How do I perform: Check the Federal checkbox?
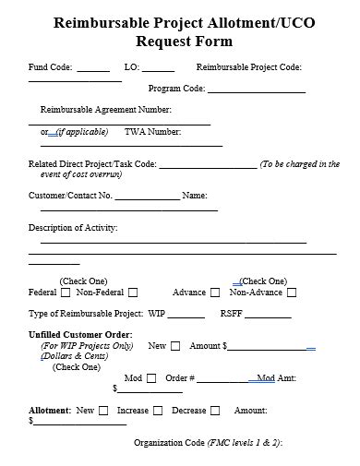[66, 293]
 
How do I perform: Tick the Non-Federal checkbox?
[133, 293]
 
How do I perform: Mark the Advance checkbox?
[215, 293]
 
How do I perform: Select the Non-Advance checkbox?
[292, 293]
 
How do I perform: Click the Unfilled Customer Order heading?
[80, 333]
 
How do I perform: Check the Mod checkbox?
[151, 378]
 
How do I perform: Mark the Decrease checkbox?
[215, 411]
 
